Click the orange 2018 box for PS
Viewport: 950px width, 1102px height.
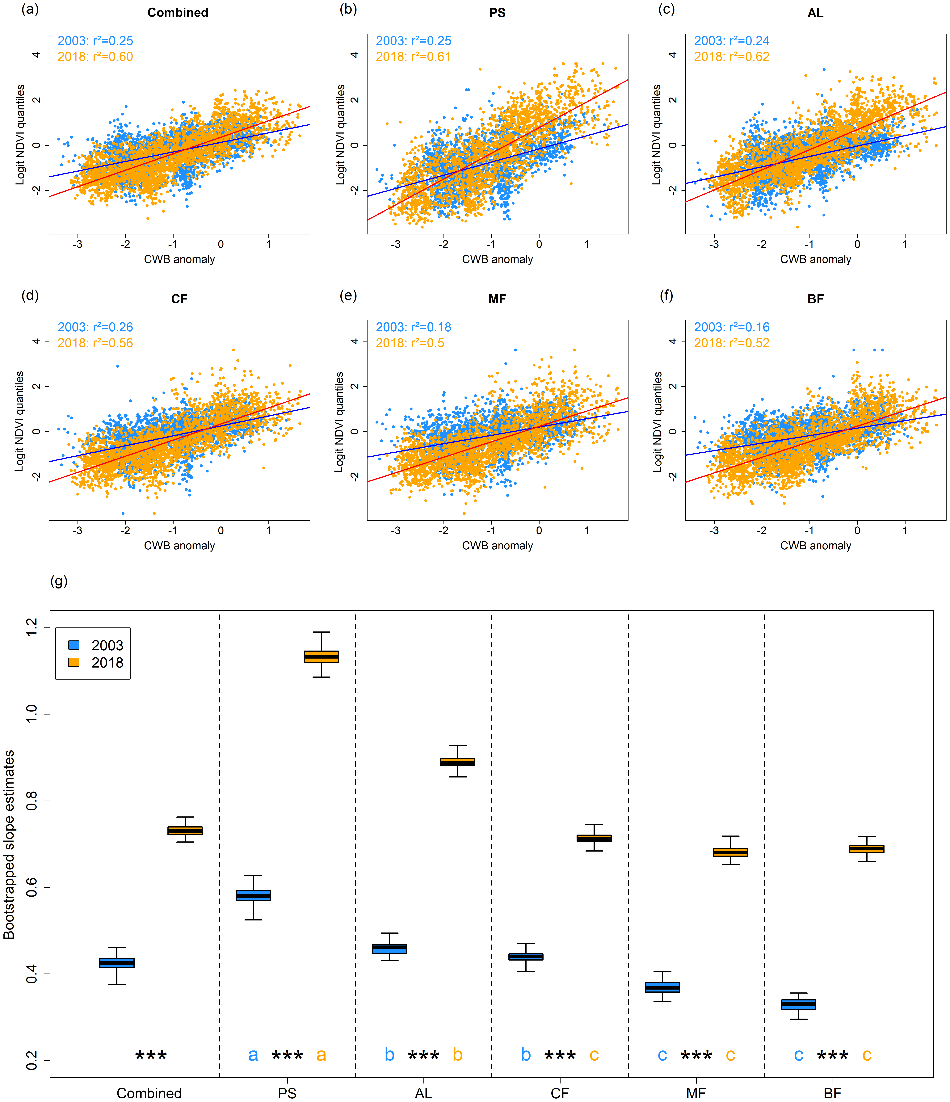321,656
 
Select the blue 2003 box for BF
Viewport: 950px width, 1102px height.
798,1004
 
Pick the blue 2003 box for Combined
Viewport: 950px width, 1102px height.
117,963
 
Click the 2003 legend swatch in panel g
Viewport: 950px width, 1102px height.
74,645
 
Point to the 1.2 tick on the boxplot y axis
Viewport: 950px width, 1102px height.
32,628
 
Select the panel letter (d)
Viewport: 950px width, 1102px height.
30,295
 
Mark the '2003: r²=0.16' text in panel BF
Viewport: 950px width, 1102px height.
731,327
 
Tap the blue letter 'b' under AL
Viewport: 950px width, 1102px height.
389,1054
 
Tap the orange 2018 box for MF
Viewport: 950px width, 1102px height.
730,852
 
